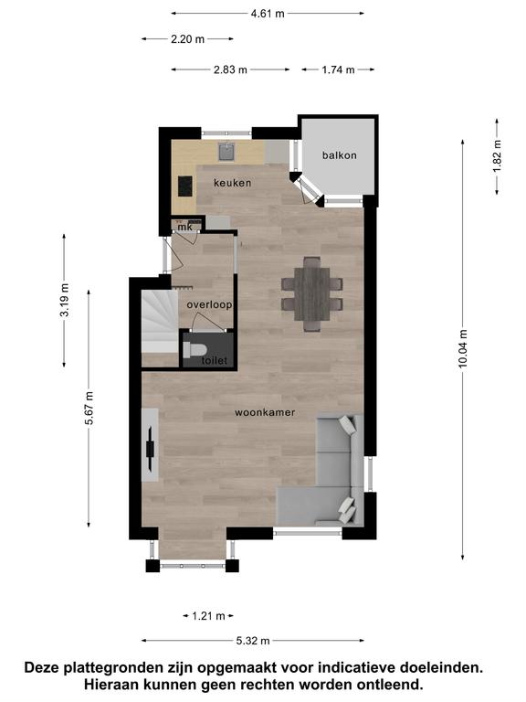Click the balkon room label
(340, 155)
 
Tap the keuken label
(232, 183)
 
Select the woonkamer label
(265, 412)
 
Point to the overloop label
(209, 305)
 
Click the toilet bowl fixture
(195, 350)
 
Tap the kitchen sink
(227, 152)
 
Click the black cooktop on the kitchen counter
(185, 186)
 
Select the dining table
(311, 293)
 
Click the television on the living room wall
(151, 448)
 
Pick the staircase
(160, 322)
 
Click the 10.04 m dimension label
(462, 348)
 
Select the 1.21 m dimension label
(208, 616)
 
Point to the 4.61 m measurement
(268, 14)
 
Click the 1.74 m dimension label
(338, 69)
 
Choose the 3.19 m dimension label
(65, 300)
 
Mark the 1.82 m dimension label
(497, 155)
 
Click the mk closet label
(184, 227)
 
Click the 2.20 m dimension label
(187, 39)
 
